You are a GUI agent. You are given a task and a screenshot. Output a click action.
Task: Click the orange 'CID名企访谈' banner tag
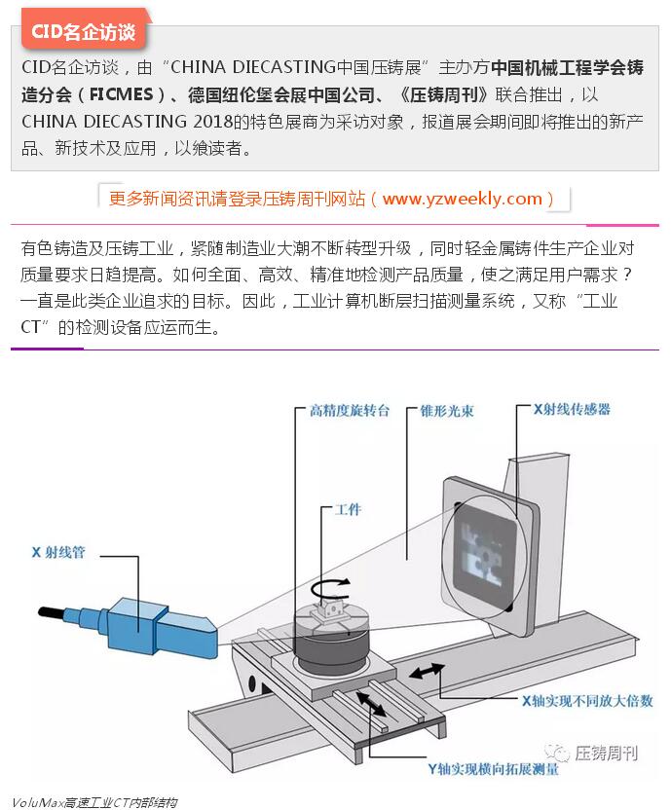84,31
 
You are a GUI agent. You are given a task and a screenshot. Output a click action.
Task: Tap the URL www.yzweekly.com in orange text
463,199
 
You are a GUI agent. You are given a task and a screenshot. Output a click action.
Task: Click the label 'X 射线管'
58,552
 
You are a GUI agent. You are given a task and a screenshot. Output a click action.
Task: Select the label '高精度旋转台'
350,411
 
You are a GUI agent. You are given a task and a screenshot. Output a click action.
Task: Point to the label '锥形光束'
447,411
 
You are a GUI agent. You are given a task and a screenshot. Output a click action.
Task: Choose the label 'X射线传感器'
572,409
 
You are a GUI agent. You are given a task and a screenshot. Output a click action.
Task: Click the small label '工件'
348,510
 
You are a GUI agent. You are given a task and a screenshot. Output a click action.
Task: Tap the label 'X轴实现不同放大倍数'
587,701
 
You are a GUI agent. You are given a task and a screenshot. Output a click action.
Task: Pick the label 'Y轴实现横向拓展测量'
493,769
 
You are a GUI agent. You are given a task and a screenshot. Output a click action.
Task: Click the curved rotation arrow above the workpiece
330,589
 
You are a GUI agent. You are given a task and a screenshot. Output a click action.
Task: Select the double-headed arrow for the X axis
427,671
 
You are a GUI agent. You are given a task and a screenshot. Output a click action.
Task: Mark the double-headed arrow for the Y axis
371,704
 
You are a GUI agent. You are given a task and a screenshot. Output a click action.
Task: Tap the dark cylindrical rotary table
331,644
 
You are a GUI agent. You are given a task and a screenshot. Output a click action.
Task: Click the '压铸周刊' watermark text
607,753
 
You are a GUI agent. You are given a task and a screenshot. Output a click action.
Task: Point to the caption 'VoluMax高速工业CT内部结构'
94,802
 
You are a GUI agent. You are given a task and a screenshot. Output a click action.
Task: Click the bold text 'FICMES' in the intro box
122,94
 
